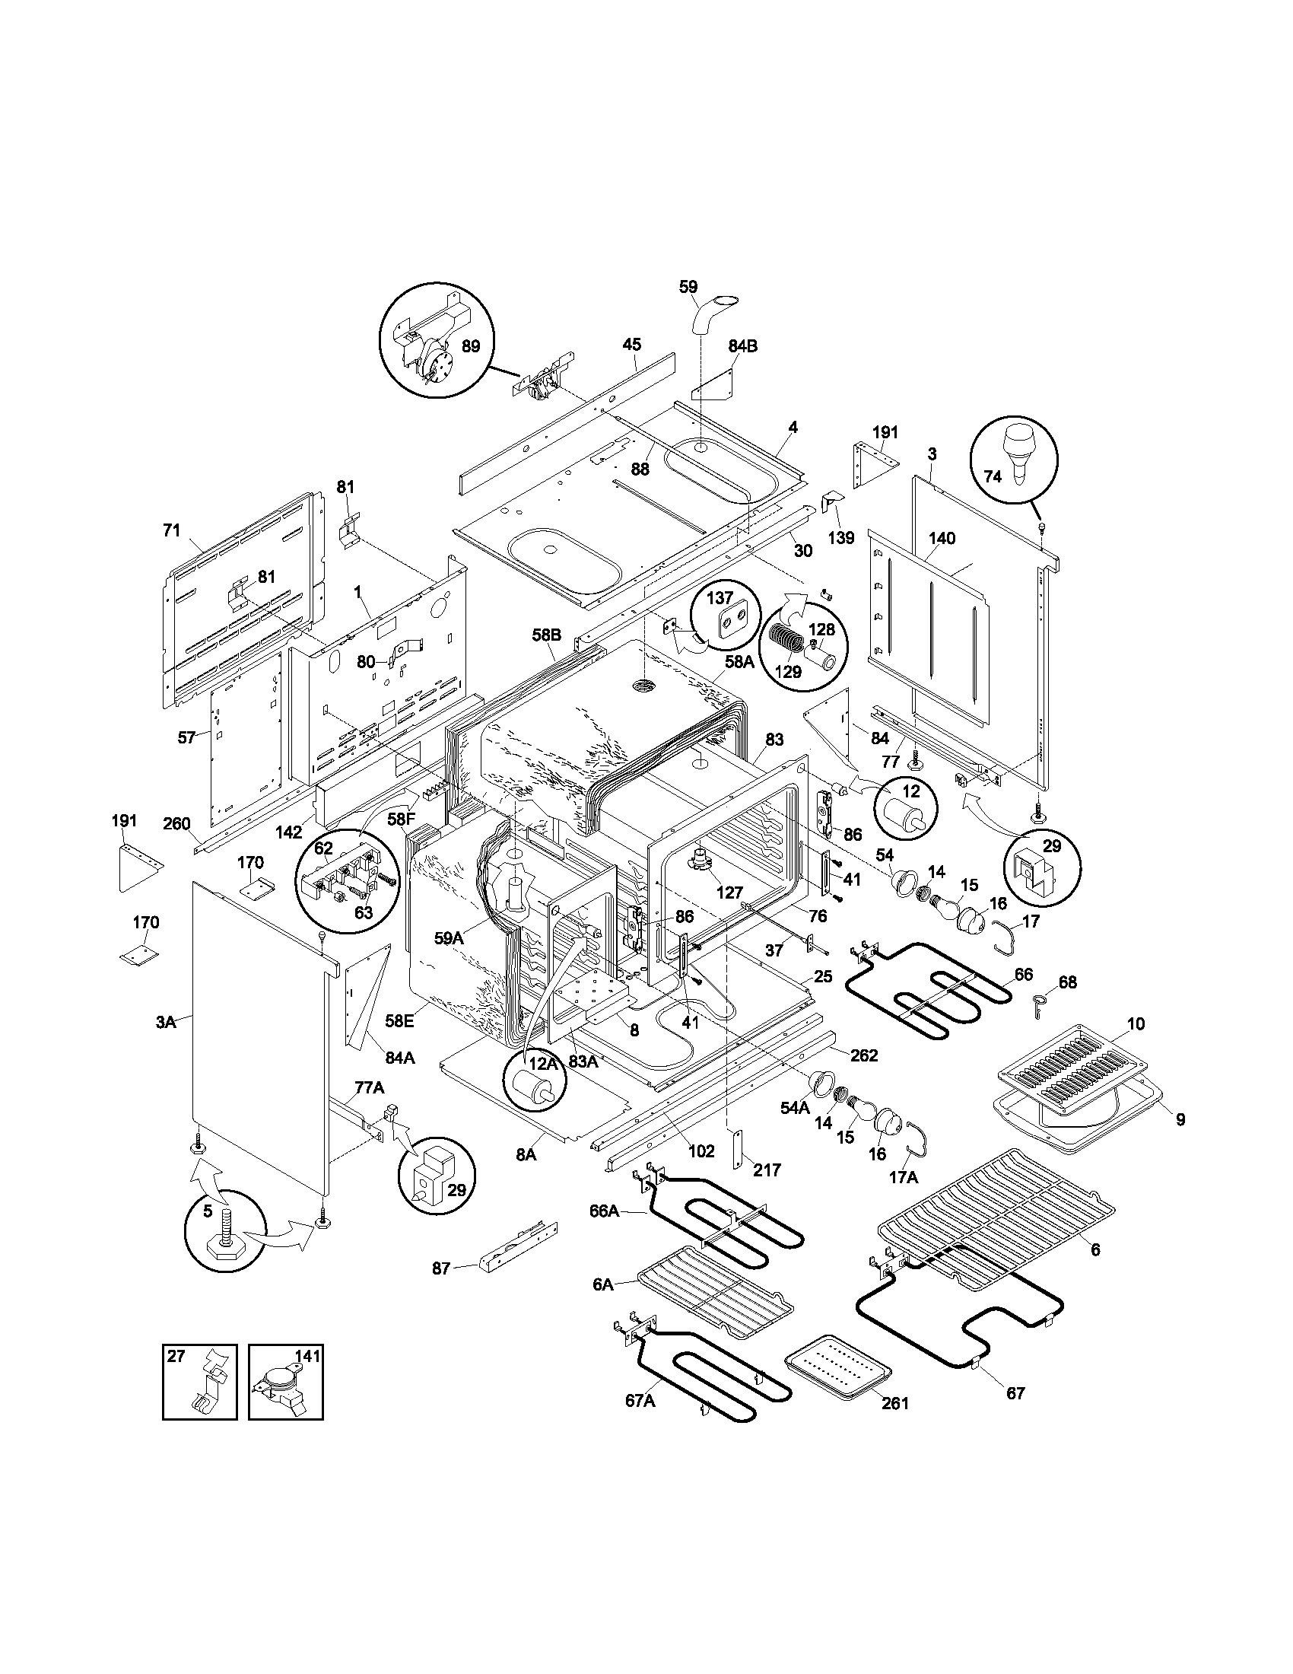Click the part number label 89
point(471,346)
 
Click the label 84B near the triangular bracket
point(742,346)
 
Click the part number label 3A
point(167,1022)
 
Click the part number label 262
point(863,1056)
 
